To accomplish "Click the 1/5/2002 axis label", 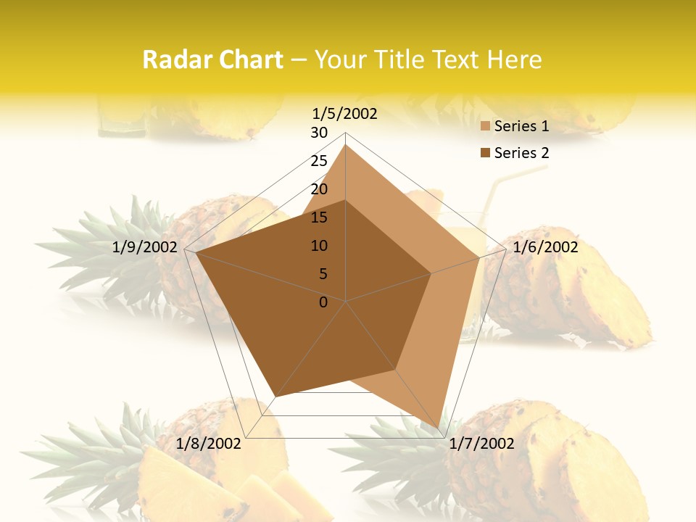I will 344,114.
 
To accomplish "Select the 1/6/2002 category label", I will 545,247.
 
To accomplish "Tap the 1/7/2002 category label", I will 481,444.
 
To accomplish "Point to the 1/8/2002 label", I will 209,444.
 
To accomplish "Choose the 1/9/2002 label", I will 145,247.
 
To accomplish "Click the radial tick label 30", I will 319,133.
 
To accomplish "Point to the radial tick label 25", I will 319,161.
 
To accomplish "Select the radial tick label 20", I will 319,189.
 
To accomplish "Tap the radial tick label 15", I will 319,217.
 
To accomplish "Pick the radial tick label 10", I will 319,246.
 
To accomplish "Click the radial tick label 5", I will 323,274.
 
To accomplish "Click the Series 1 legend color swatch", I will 486,127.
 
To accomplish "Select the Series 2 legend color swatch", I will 486,153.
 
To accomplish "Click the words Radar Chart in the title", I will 212,59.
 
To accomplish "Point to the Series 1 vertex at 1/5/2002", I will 346,145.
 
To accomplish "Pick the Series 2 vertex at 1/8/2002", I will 274,397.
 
